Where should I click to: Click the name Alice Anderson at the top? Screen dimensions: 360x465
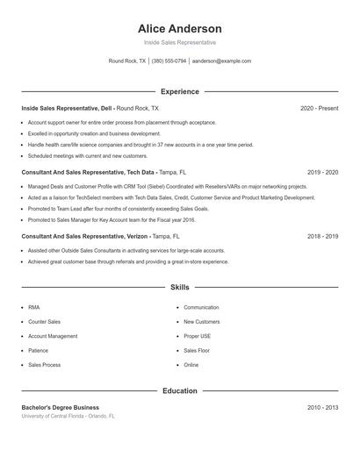coord(179,28)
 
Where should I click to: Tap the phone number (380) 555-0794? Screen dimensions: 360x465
coord(169,61)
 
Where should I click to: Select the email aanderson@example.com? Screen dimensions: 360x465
coord(221,61)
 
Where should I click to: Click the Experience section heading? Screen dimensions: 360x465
coord(179,91)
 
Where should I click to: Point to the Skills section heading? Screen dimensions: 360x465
coord(179,287)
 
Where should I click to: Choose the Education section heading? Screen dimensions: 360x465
coord(179,390)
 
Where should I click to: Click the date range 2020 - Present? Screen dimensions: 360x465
coord(319,108)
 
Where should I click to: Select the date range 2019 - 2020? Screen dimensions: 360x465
coord(322,173)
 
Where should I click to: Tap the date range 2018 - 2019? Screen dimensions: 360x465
coord(322,237)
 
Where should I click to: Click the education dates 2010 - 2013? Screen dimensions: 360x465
coord(322,407)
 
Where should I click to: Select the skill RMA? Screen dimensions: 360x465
coord(33,308)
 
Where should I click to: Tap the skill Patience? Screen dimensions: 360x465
coord(39,350)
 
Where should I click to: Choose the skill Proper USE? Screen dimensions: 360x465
coord(197,336)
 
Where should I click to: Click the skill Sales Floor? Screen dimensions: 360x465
coord(196,350)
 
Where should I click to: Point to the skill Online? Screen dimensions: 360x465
coord(191,364)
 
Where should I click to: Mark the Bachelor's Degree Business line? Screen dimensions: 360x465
coord(60,407)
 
